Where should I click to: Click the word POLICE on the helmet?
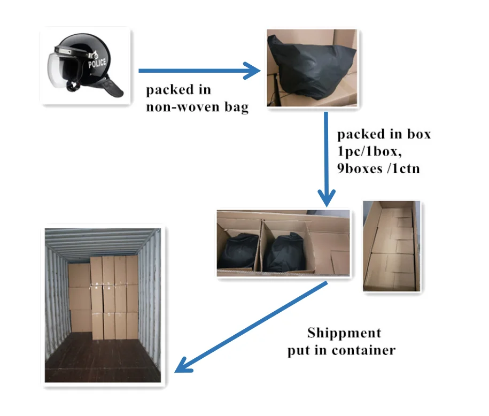click(97, 63)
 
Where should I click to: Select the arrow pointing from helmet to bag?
click(198, 70)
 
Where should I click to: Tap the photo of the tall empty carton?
click(392, 246)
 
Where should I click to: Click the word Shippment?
click(344, 333)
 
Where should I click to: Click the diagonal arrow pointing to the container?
click(251, 327)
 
